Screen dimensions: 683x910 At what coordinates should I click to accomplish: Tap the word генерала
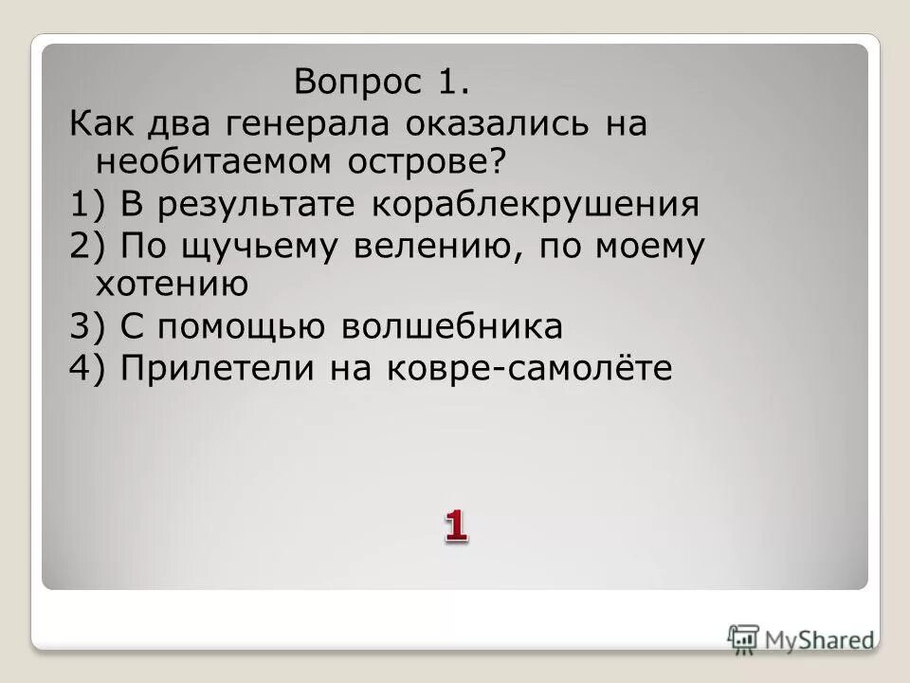[x=308, y=124]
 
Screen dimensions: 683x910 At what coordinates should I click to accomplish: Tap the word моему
[x=646, y=247]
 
